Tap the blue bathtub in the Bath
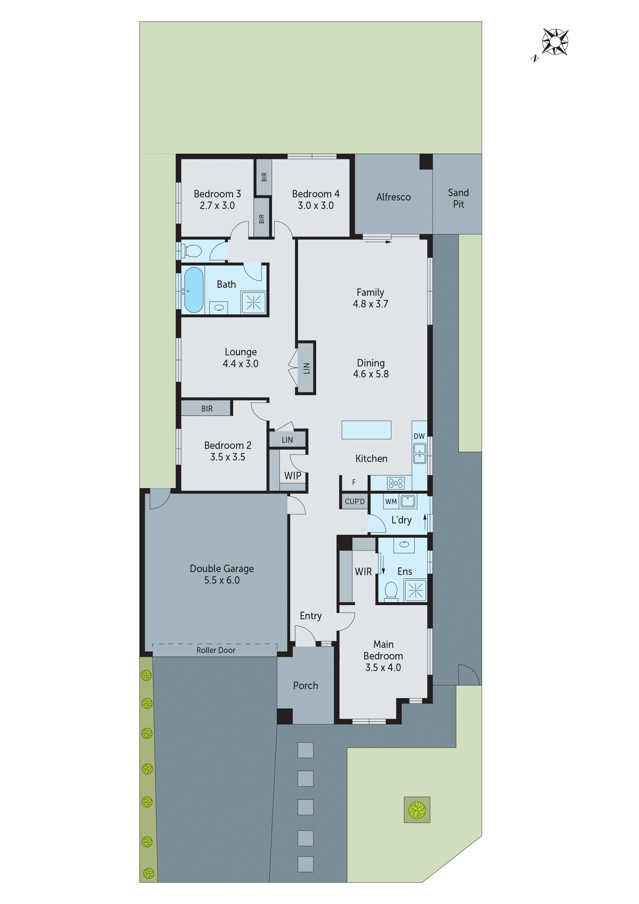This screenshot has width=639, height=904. pyautogui.click(x=194, y=290)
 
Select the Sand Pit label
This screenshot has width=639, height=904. pyautogui.click(x=458, y=198)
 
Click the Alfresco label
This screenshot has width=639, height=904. pyautogui.click(x=393, y=197)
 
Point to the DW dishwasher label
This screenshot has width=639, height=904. pyautogui.click(x=419, y=436)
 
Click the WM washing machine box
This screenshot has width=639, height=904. pyautogui.click(x=391, y=502)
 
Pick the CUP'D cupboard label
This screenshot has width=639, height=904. pyautogui.click(x=354, y=502)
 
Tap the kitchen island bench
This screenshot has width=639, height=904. pyautogui.click(x=366, y=430)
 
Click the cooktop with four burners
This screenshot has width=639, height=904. pyautogui.click(x=395, y=483)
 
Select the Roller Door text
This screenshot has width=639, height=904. pyautogui.click(x=216, y=650)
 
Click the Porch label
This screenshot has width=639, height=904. pyautogui.click(x=306, y=685)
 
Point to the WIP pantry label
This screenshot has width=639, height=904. pyautogui.click(x=292, y=476)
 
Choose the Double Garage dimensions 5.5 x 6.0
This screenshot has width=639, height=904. pyautogui.click(x=222, y=580)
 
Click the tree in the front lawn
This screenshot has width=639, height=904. pyautogui.click(x=417, y=810)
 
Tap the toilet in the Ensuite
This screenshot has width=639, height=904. pyautogui.click(x=391, y=591)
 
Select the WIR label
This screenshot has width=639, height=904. pyautogui.click(x=363, y=572)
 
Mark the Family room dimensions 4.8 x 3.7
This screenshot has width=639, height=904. pyautogui.click(x=370, y=304)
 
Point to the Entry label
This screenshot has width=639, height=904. pyautogui.click(x=311, y=616)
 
